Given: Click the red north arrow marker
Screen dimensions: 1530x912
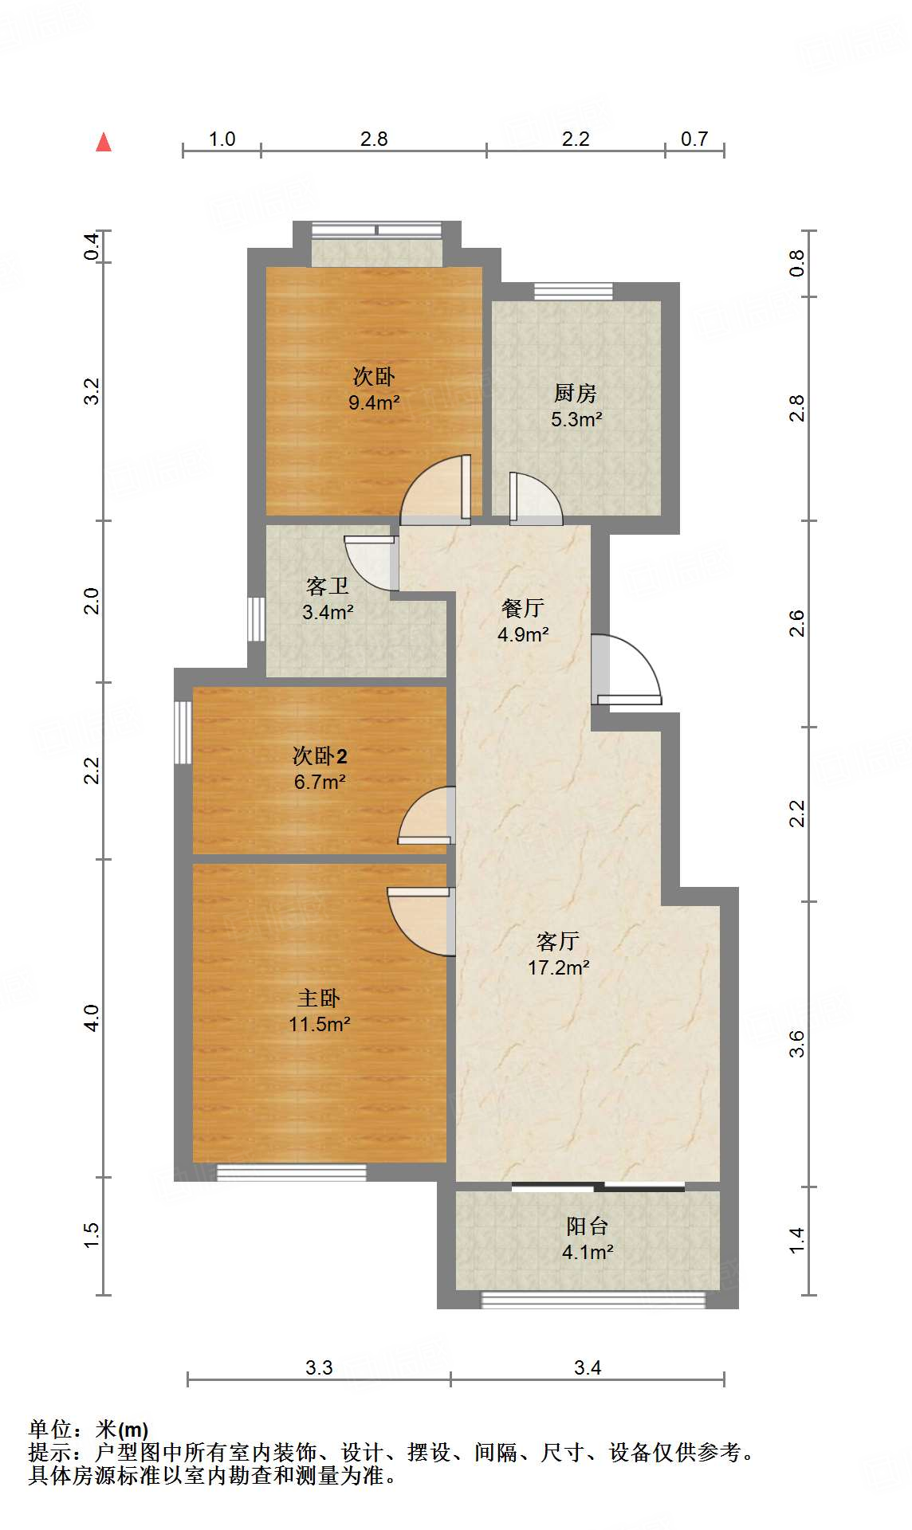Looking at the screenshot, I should [104, 143].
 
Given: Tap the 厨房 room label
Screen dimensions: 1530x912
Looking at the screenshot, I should [575, 393].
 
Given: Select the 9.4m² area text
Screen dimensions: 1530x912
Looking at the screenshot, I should [374, 402].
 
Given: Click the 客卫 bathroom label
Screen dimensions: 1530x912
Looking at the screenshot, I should [327, 586].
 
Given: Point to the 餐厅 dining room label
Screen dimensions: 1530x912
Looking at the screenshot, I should [522, 608].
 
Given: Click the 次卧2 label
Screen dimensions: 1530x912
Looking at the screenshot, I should [319, 755].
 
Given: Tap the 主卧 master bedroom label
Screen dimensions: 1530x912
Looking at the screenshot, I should [319, 998].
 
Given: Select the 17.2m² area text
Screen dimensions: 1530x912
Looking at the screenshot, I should [558, 967].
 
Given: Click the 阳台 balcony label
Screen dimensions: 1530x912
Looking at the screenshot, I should [587, 1226].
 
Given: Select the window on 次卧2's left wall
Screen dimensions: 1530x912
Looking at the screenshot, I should [183, 732].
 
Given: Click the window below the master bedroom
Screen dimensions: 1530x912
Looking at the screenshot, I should [291, 1172].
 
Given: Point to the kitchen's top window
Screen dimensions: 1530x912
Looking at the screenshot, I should [573, 291].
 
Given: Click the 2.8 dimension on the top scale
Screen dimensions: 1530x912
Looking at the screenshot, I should [373, 139].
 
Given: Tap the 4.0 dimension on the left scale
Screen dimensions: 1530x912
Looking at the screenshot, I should [92, 1018].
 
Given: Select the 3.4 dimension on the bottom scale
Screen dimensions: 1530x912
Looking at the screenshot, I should [587, 1367].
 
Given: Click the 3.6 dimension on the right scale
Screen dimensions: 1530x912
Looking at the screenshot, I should [797, 1043].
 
